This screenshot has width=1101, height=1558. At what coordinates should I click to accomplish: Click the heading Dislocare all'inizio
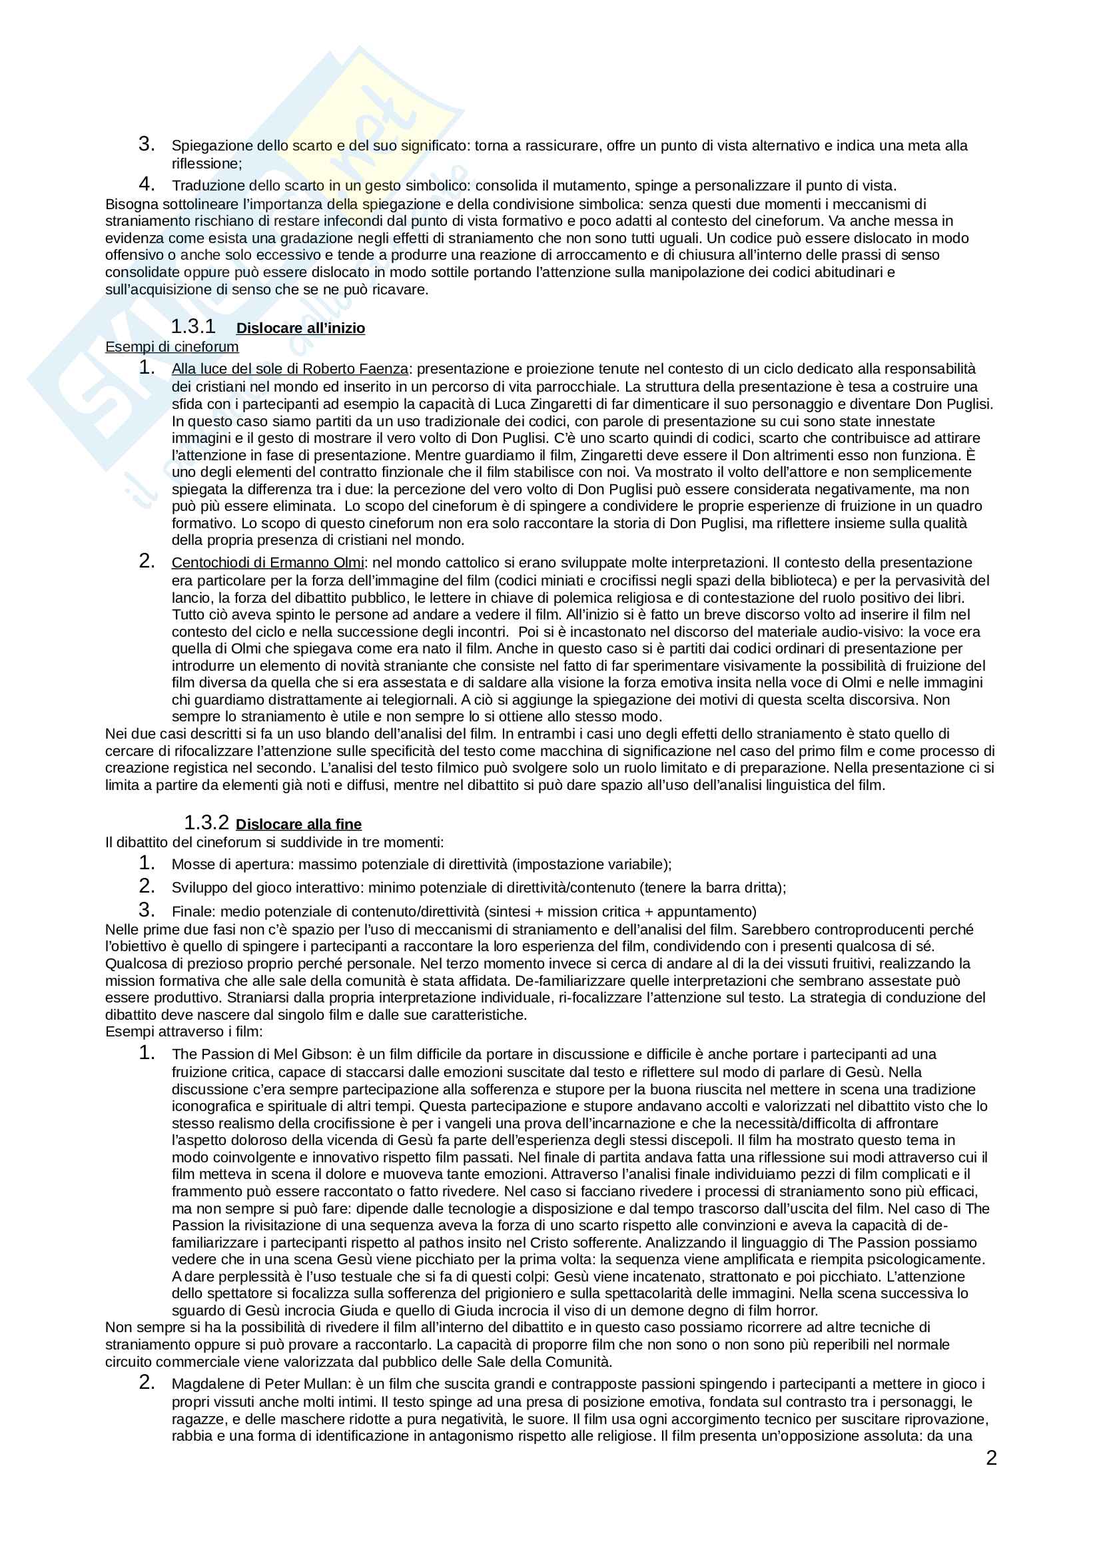pos(300,328)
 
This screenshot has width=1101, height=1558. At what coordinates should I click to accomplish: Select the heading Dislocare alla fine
pos(298,825)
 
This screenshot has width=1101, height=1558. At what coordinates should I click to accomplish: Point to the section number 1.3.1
pos(192,327)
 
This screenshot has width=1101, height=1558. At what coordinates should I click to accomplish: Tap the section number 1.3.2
pos(206,823)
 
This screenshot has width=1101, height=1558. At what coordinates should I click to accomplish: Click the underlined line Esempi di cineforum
pos(172,347)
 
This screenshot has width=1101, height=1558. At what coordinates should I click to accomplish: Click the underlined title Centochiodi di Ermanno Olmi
pos(267,563)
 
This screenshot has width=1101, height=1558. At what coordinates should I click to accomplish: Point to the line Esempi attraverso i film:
pos(183,1032)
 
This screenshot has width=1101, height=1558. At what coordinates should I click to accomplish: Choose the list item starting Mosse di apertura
pos(421,865)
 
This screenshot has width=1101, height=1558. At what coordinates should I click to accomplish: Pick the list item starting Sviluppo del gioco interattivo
pos(478,887)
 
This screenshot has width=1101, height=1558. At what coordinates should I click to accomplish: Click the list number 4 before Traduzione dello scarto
pos(147,184)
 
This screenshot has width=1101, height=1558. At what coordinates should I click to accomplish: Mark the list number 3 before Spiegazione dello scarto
pos(147,144)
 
